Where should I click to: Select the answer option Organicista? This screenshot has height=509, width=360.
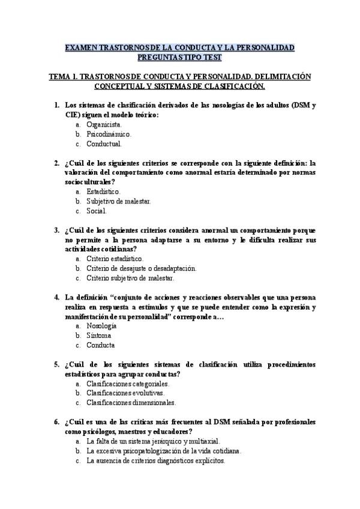tap(104, 125)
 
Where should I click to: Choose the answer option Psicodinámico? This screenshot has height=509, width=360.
tap(109, 134)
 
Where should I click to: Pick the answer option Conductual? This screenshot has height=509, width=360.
tap(104, 144)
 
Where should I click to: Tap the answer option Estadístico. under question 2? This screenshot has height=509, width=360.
tap(103, 191)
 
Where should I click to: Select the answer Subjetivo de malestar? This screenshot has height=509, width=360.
tap(119, 201)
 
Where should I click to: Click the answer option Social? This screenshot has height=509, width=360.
tap(97, 211)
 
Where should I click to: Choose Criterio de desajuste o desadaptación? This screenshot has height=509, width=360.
tap(141, 268)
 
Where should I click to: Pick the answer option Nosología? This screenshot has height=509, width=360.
tap(101, 326)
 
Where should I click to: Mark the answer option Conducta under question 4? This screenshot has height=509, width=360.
tap(100, 345)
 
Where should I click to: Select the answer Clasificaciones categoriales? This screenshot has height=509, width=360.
tap(128, 383)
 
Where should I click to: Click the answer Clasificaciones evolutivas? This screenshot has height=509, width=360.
tap(125, 393)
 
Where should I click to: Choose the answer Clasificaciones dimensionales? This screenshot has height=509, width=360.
tap(131, 402)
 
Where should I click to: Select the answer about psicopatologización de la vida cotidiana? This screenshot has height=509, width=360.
tap(164, 450)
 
